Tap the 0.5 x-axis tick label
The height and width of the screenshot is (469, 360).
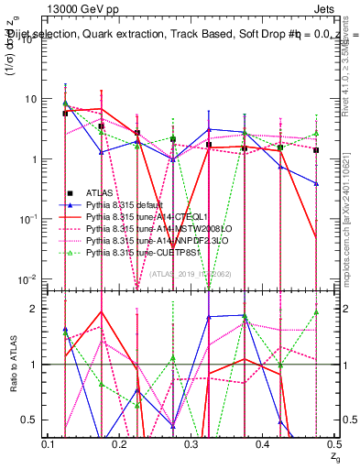(x=334, y=443)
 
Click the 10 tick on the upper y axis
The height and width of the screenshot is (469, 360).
(x=35, y=99)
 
